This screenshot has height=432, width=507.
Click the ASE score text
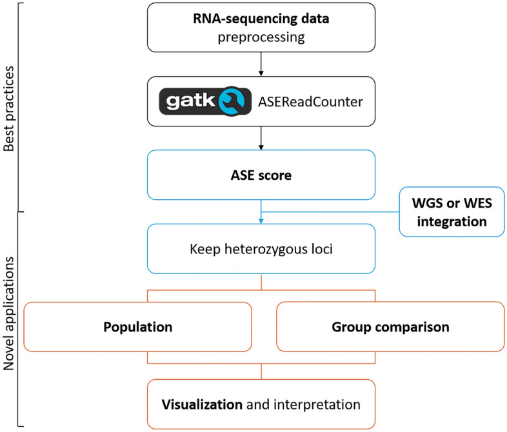point(261,175)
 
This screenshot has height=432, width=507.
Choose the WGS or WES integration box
point(449,211)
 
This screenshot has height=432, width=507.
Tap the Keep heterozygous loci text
point(261,250)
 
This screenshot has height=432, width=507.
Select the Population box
point(137,327)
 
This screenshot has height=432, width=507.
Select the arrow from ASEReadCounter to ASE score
point(261,138)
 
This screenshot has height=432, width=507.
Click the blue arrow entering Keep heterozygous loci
point(261,218)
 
